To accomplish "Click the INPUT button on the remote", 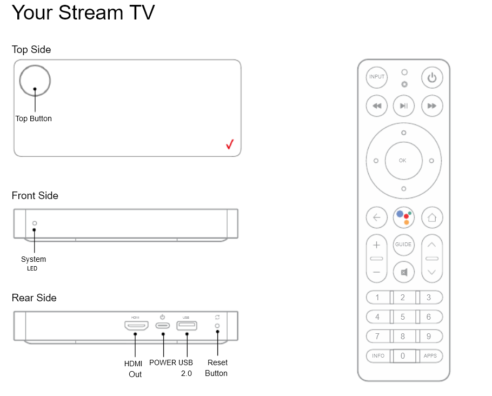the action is (x=376, y=77).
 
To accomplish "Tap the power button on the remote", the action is (x=432, y=77).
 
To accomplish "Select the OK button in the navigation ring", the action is (x=403, y=161).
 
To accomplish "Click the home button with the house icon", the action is (x=432, y=217).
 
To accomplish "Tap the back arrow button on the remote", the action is (x=376, y=217).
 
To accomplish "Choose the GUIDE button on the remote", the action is (x=403, y=245).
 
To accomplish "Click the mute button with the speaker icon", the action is (x=403, y=272).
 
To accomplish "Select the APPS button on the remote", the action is (x=430, y=356).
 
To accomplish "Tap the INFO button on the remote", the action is (x=378, y=356).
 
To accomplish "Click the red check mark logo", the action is (x=230, y=144).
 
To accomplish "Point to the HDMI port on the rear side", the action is (x=136, y=325).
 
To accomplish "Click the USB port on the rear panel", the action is (x=187, y=326).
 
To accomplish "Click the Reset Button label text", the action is (x=216, y=368).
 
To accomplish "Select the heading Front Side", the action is (x=35, y=195).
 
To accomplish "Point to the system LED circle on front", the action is (x=35, y=223).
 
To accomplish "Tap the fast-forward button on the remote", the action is (x=432, y=106).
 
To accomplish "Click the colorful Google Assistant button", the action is (x=403, y=217).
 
